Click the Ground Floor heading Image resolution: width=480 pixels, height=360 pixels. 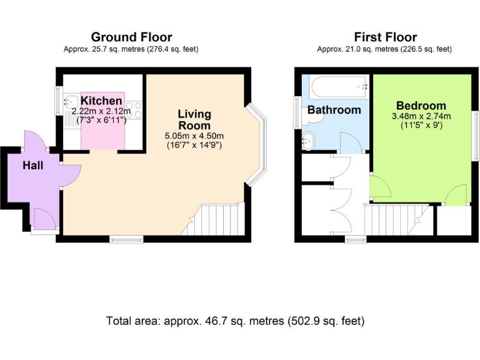(x=131, y=37)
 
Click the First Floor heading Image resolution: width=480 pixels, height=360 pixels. (x=385, y=37)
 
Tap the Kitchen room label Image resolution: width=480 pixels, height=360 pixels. (x=101, y=101)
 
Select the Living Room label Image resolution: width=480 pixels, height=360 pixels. (x=194, y=119)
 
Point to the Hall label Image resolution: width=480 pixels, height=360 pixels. (x=33, y=166)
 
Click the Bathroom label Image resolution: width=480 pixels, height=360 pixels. (x=334, y=110)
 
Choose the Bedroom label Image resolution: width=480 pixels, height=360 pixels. (x=421, y=106)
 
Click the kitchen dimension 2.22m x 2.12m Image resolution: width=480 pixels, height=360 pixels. (x=101, y=111)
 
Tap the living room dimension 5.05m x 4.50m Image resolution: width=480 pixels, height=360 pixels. (x=194, y=136)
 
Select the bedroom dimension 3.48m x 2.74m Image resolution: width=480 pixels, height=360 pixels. (x=421, y=116)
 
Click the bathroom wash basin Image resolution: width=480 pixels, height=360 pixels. (x=309, y=140)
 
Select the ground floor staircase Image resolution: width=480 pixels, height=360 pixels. (x=222, y=220)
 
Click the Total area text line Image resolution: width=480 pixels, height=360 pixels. (x=235, y=321)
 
